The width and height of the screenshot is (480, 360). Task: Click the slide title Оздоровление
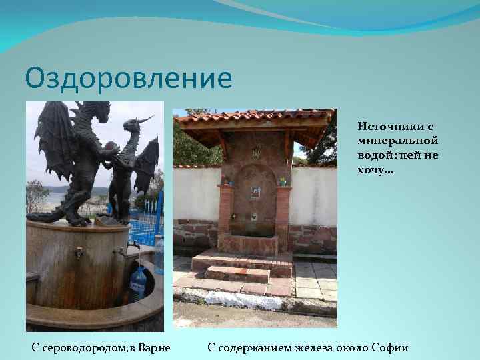[x=129, y=78]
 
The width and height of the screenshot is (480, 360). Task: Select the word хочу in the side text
[x=373, y=170]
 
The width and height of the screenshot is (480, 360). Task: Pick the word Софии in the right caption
[x=390, y=347]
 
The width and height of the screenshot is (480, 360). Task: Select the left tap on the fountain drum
[x=79, y=253]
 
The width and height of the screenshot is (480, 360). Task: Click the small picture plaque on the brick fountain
[x=254, y=193]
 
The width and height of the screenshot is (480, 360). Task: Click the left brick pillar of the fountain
[x=225, y=210]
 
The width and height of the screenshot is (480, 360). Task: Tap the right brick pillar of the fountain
[x=283, y=210]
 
